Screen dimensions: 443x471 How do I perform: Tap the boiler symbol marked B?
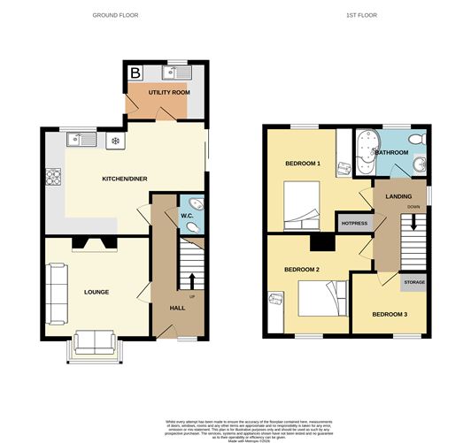135,73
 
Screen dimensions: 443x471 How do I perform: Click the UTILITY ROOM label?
168,92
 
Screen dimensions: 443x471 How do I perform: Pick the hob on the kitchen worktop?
54,176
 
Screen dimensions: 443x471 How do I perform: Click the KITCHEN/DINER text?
125,179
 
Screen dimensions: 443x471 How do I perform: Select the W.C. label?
187,214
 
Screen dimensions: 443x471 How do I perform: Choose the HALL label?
177,308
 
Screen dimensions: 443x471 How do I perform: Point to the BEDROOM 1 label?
303,164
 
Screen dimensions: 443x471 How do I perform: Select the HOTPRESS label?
353,223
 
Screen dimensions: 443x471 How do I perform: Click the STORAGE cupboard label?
414,283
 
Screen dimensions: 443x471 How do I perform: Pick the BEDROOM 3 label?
390,314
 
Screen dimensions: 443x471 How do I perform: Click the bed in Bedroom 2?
320,298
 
